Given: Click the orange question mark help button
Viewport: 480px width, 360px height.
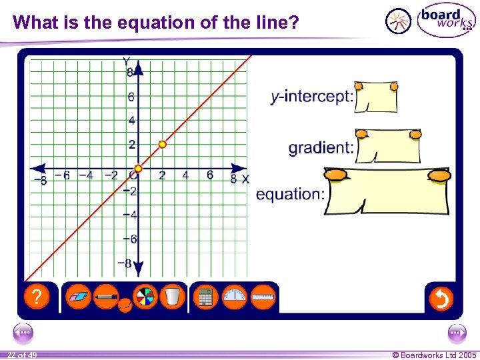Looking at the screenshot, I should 37,297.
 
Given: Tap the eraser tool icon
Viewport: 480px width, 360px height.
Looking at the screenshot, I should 79,297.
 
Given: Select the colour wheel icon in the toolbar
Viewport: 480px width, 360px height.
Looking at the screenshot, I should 145,297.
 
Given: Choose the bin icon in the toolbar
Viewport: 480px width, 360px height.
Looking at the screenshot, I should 172,297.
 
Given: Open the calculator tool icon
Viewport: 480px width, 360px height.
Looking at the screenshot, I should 205,297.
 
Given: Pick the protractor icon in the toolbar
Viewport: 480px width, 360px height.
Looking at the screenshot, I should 234,297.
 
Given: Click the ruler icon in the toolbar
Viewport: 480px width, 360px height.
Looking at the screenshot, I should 263,297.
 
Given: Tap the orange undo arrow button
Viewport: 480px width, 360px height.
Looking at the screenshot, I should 441,299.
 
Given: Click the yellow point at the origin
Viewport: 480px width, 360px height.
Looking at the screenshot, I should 138,169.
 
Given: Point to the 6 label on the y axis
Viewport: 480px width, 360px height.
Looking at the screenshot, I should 131,97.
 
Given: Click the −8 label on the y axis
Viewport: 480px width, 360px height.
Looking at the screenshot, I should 125,263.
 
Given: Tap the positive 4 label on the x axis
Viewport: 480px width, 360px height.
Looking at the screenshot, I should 185,175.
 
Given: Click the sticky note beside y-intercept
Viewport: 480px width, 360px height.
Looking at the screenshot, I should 377,98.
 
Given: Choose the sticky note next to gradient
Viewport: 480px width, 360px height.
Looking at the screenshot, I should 389,147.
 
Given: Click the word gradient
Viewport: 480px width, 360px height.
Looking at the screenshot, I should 321,148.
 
